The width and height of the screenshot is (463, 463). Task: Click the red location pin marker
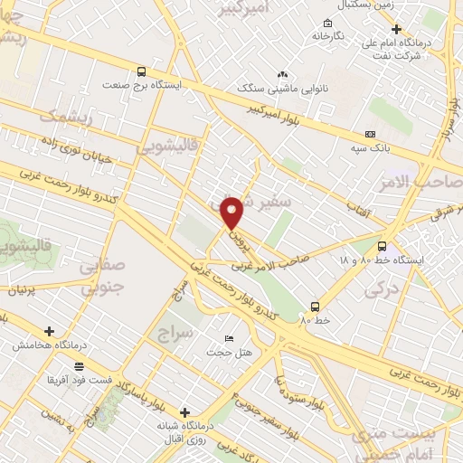233,212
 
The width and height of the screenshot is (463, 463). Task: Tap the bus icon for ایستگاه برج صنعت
140,71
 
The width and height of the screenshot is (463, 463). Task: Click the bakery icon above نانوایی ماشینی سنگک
282,74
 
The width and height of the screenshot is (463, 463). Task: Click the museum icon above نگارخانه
326,23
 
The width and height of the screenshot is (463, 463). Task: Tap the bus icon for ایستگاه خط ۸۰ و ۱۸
382,245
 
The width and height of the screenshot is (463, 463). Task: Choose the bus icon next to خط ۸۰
315,306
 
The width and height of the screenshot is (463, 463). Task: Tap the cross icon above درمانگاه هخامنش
49,332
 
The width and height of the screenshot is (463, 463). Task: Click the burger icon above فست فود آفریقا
80,366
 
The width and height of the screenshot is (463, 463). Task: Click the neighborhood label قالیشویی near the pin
162,145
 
